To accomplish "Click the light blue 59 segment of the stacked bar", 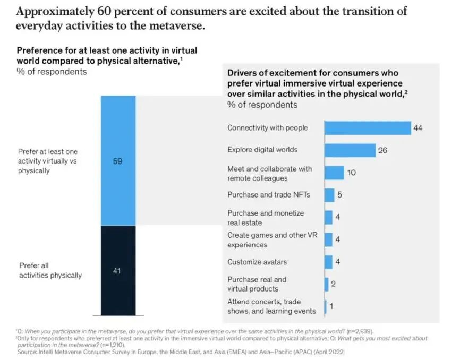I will tap(117, 161).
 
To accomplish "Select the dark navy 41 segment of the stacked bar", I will tap(117, 270).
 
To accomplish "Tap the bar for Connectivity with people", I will tap(368, 128).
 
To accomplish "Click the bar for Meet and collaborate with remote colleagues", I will tap(334, 173).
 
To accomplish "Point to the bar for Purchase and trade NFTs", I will tap(329, 195).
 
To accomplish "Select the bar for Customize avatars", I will tap(328, 262).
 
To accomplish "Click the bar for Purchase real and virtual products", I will tap(326, 285).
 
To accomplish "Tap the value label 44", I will tap(419, 128).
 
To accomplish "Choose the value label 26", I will tap(382, 150).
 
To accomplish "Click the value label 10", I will tap(351, 173).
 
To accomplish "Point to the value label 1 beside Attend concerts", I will tap(331, 307).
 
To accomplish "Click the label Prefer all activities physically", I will tap(50, 270).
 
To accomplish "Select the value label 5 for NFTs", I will tap(339, 195).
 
